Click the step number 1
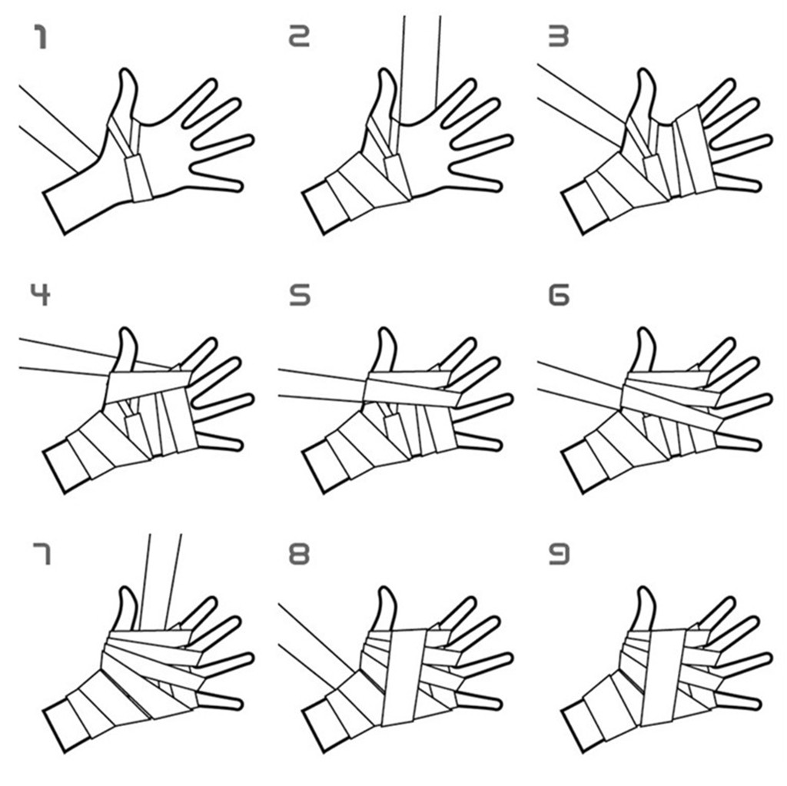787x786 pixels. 40,37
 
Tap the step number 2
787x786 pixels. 300,35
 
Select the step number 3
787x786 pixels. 559,36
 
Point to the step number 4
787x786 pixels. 40,294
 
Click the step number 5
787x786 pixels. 300,294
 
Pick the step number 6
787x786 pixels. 559,294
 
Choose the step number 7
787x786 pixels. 42,554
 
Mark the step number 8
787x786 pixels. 300,554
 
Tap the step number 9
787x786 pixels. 559,554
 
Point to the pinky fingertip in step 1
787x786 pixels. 240,186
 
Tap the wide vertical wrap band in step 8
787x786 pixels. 405,677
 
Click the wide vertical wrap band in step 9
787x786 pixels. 663,677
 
